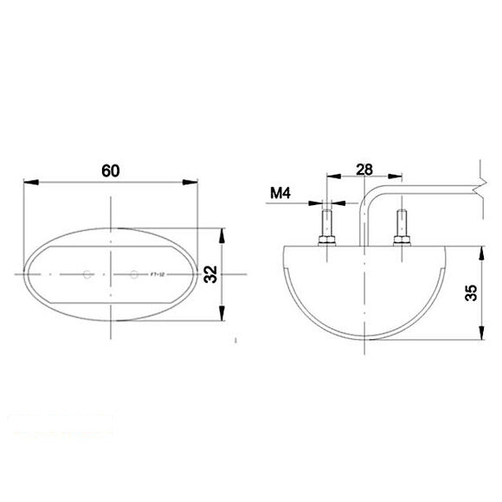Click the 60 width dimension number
click(110, 171)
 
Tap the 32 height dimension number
click(210, 274)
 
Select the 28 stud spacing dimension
click(364, 170)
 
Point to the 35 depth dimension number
click(470, 293)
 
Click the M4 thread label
click(279, 193)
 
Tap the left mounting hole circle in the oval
click(87, 275)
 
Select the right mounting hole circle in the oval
click(133, 275)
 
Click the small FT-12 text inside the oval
click(158, 275)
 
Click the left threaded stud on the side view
click(327, 221)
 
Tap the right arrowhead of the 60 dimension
click(191, 183)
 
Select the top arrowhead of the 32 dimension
click(223, 235)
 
